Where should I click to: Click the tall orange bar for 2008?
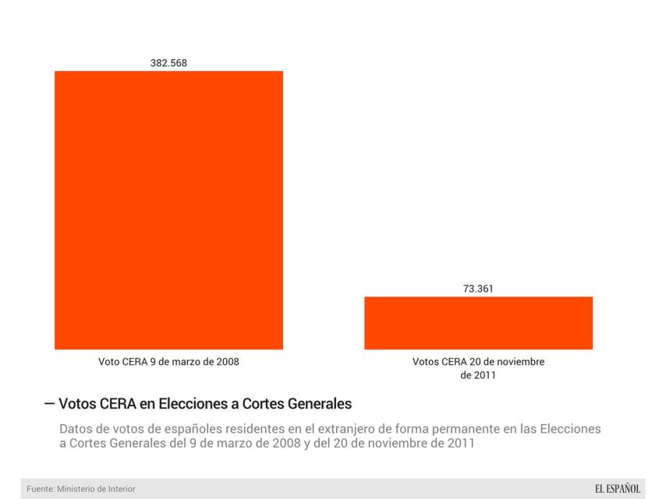click(168, 210)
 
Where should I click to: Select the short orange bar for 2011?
click(478, 323)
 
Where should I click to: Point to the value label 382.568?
click(168, 63)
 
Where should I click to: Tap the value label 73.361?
click(478, 288)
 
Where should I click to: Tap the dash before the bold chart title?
click(50, 404)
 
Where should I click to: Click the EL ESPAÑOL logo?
click(617, 488)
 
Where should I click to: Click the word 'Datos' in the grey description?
click(76, 430)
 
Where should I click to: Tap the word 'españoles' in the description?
click(182, 430)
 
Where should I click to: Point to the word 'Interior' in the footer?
click(129, 489)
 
